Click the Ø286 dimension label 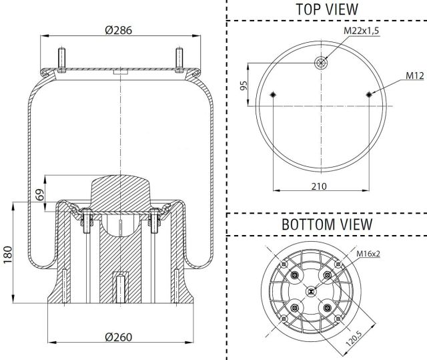pyautogui.click(x=119, y=30)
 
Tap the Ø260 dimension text pyautogui.click(x=119, y=337)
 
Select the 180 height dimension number pyautogui.click(x=8, y=254)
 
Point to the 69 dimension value pyautogui.click(x=40, y=194)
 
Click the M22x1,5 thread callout pyautogui.click(x=361, y=31)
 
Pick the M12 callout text pyautogui.click(x=415, y=75)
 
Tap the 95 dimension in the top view pyautogui.click(x=244, y=85)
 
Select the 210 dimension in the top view pyautogui.click(x=319, y=186)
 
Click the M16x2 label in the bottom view pyautogui.click(x=368, y=254)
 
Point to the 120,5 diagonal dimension pyautogui.click(x=354, y=338)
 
